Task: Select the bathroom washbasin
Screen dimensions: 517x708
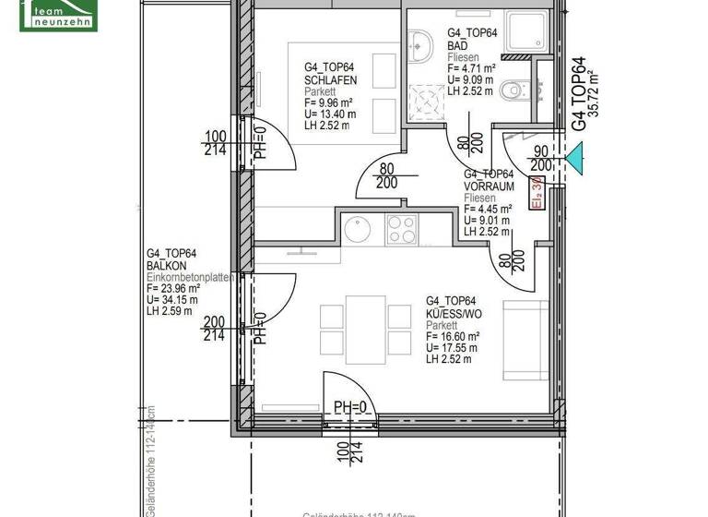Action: pyautogui.click(x=420, y=42)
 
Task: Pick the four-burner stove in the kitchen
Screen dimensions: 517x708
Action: pyautogui.click(x=402, y=228)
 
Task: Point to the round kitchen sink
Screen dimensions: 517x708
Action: pyautogui.click(x=357, y=226)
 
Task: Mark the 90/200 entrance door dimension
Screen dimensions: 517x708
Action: pyautogui.click(x=541, y=158)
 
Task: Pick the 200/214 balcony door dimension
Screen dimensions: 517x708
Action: pyautogui.click(x=216, y=329)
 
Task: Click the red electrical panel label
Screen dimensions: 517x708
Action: pyautogui.click(x=537, y=195)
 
